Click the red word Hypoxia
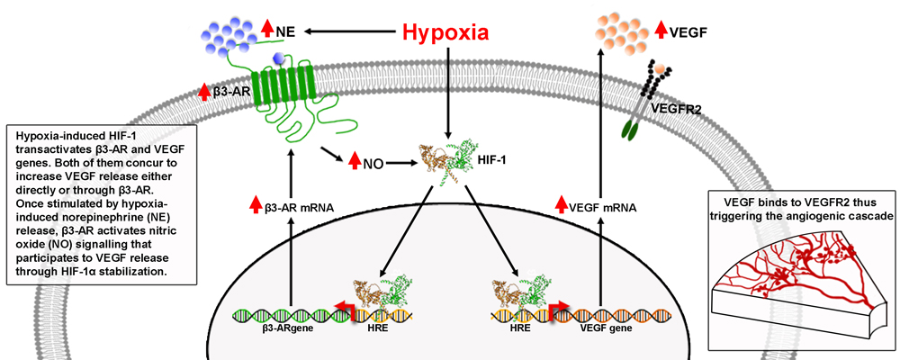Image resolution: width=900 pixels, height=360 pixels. tap(445, 32)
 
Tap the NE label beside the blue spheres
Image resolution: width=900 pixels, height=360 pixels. tap(285, 32)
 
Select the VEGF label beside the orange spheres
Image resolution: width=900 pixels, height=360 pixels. tap(688, 32)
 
